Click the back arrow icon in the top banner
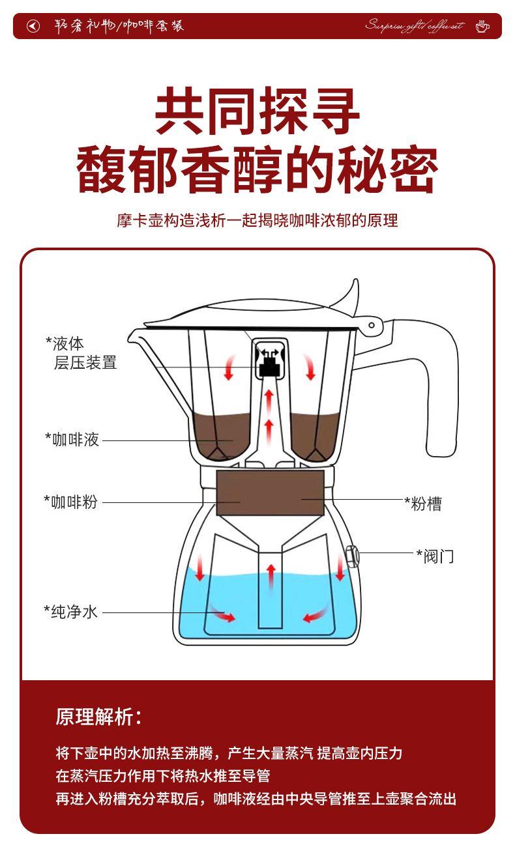(x=33, y=26)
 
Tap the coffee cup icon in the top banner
(x=482, y=26)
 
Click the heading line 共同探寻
(x=257, y=113)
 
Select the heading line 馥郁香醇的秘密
(x=257, y=171)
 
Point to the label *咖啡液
(x=72, y=440)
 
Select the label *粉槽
(x=423, y=504)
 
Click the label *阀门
(x=435, y=556)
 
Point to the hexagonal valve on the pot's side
(x=350, y=556)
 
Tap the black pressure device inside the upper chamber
(x=269, y=369)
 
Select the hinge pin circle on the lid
(x=372, y=325)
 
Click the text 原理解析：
(x=98, y=717)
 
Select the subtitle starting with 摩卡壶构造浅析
(x=257, y=220)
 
